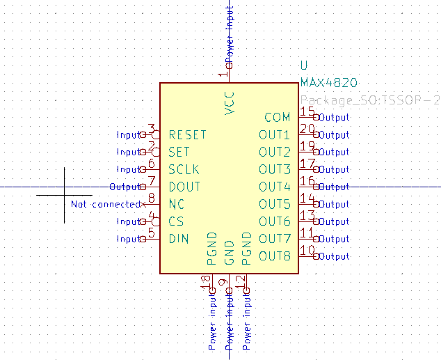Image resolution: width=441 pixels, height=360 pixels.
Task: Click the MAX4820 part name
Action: (328, 83)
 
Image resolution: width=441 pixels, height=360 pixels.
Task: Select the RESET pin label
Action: (187, 134)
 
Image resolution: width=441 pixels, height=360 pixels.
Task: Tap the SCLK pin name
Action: (184, 169)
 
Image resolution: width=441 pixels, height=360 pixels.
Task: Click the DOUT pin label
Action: (184, 187)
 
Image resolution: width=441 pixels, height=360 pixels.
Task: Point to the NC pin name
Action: (176, 204)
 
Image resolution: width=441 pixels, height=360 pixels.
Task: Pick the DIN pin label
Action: (179, 239)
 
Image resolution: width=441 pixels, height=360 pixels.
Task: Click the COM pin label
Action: (277, 117)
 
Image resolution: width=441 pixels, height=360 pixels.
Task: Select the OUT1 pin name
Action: (274, 134)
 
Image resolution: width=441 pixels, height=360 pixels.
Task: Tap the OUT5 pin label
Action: (274, 204)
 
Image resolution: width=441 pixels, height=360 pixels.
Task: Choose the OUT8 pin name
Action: (274, 256)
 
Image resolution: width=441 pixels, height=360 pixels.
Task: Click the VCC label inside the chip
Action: (230, 103)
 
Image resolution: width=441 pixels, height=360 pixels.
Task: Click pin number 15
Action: (307, 111)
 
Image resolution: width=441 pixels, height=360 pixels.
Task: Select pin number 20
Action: (307, 129)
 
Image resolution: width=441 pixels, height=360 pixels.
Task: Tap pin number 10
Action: (307, 251)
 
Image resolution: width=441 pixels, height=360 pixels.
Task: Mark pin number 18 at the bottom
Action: (206, 281)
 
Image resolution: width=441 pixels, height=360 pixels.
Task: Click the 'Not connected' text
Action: (106, 204)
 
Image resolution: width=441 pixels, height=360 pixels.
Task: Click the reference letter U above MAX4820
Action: (304, 65)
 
